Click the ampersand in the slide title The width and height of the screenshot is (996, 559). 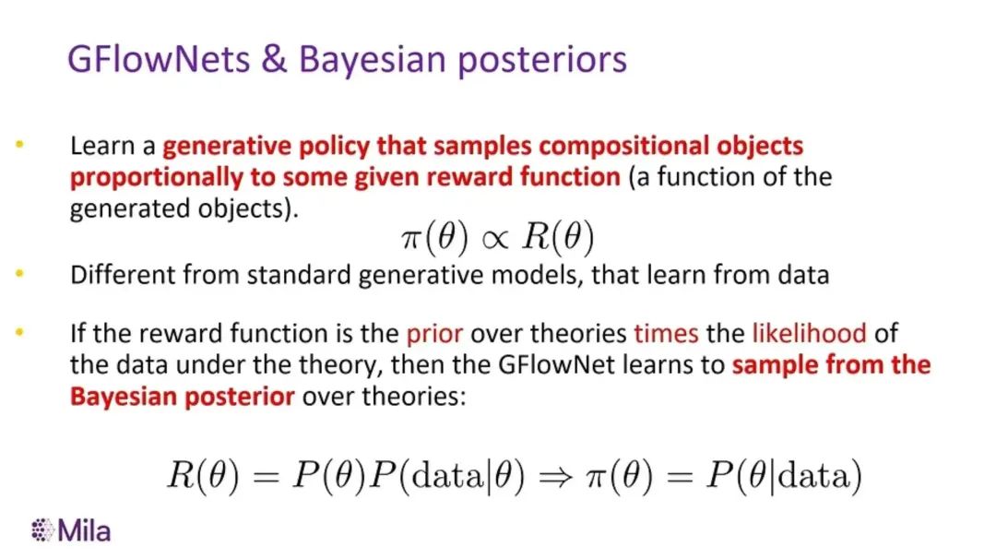pyautogui.click(x=275, y=60)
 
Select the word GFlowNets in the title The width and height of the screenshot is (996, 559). pyautogui.click(x=159, y=60)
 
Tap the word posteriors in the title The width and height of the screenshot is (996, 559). pyautogui.click(x=542, y=62)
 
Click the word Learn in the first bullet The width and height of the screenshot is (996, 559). pyautogui.click(x=103, y=146)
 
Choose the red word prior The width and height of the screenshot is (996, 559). pyautogui.click(x=434, y=335)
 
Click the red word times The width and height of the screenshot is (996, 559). pyautogui.click(x=666, y=334)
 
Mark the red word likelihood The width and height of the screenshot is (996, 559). pyautogui.click(x=810, y=334)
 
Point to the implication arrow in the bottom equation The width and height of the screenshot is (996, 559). pyautogui.click(x=556, y=477)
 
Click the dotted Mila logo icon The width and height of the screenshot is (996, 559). pyautogui.click(x=42, y=530)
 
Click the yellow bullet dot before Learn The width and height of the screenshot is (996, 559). pyautogui.click(x=19, y=145)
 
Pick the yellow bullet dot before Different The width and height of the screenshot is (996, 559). pyautogui.click(x=19, y=274)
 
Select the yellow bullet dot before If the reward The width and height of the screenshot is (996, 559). pyautogui.click(x=19, y=331)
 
